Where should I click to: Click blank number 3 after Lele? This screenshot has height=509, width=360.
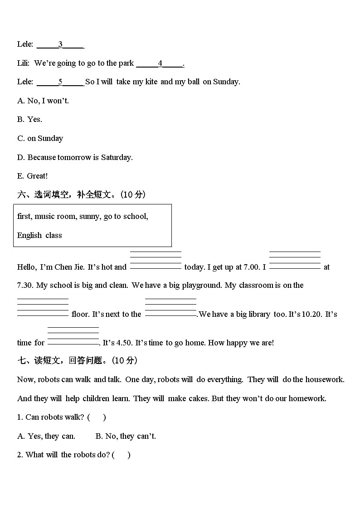[60, 44]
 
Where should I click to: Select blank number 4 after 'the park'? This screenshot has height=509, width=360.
[160, 63]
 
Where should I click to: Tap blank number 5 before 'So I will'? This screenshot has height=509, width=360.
[60, 82]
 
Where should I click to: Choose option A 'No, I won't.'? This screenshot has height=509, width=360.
[43, 101]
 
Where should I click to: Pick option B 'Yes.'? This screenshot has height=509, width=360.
[29, 119]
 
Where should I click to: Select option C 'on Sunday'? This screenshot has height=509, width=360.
[40, 138]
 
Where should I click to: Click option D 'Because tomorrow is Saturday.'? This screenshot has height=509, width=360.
[75, 157]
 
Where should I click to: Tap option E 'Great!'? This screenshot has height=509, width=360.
[32, 176]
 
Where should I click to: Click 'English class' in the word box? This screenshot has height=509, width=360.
[39, 235]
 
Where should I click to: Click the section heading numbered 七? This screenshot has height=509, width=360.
[77, 360]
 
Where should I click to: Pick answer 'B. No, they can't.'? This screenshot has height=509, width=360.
[126, 436]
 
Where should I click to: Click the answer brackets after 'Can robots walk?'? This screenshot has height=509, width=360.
[97, 417]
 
